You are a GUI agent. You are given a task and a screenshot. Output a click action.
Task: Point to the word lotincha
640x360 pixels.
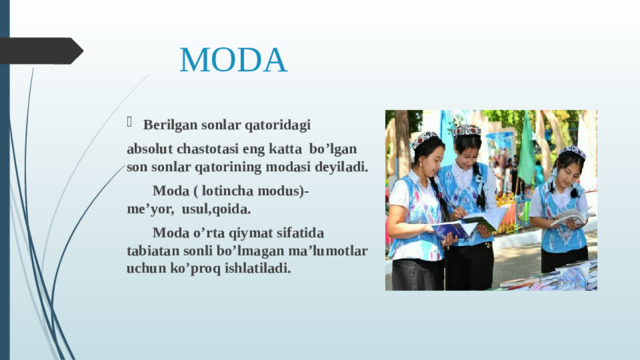(x=230, y=191)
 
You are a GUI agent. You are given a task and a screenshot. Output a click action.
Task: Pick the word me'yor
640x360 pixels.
(x=146, y=210)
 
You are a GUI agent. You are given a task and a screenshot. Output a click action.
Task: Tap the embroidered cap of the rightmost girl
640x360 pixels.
(x=572, y=152)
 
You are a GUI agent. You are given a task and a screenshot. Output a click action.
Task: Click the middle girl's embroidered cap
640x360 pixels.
(x=467, y=130)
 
